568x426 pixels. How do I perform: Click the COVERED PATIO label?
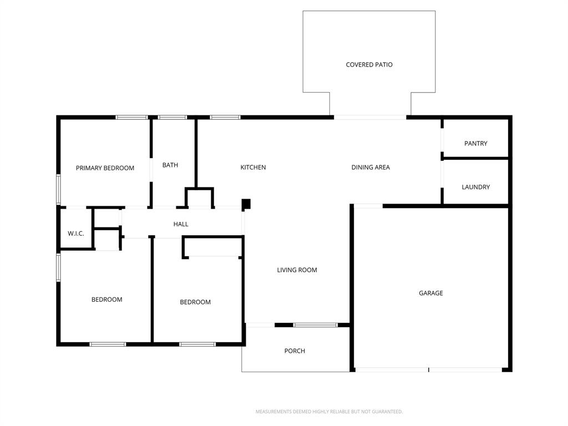(369, 65)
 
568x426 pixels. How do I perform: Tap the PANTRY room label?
(475, 144)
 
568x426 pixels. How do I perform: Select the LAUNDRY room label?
(475, 187)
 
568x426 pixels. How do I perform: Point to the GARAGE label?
(430, 293)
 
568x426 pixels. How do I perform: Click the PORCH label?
(295, 351)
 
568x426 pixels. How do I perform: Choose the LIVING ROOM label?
(297, 270)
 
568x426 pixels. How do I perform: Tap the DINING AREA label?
(371, 168)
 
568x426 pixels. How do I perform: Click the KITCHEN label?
(253, 168)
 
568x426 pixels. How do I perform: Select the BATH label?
(170, 165)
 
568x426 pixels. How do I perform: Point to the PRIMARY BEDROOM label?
(105, 168)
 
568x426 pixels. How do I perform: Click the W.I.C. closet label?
(76, 234)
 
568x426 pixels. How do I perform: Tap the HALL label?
(181, 225)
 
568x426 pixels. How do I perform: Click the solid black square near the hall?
(246, 204)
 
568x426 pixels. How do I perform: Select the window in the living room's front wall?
(315, 324)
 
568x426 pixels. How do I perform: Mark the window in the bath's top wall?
(173, 118)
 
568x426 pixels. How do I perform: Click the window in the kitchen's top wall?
(225, 118)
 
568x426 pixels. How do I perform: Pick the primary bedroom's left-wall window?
(59, 190)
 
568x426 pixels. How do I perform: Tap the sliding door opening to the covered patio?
(370, 118)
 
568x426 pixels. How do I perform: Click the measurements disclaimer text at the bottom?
(329, 412)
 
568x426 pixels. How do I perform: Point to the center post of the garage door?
(429, 369)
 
